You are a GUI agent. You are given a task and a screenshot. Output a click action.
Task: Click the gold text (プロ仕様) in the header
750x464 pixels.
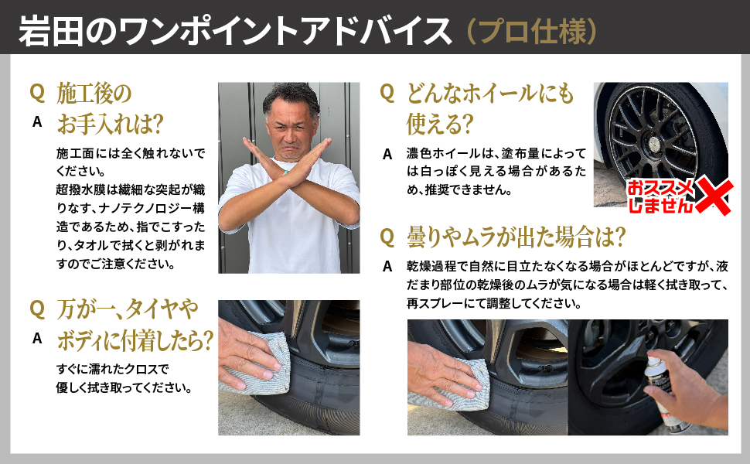point(531,32)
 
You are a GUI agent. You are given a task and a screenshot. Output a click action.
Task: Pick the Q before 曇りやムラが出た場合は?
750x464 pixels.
point(387,237)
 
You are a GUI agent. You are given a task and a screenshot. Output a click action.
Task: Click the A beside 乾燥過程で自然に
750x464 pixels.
point(387,267)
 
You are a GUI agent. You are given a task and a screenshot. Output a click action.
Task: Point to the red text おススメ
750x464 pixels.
point(660,188)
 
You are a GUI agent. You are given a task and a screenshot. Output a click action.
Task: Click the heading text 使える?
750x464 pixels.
point(440,124)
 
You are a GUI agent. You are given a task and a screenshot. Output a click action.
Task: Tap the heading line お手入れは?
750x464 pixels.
point(111,124)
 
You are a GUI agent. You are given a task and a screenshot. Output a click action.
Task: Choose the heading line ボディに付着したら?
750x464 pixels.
point(135,340)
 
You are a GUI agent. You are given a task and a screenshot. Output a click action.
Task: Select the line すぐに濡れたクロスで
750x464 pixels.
point(112,369)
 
